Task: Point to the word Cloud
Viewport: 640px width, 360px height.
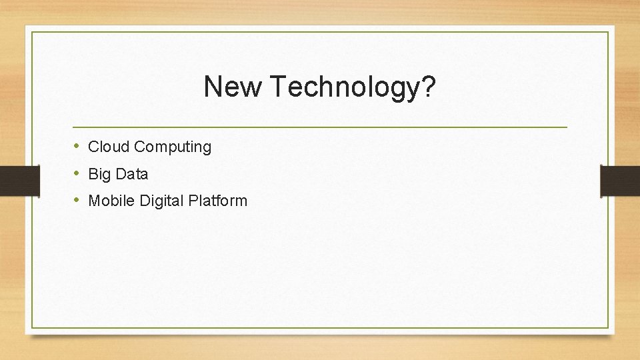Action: [109, 147]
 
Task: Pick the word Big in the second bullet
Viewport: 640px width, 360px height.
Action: [99, 175]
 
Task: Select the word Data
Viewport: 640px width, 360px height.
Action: [132, 174]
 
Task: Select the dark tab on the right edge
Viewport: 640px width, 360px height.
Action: [620, 181]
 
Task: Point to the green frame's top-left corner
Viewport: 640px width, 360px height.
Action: [32, 32]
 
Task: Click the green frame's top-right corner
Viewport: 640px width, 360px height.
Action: [608, 32]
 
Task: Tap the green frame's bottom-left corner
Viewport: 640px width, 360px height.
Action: [32, 327]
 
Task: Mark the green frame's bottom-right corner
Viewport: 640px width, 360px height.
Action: [608, 327]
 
